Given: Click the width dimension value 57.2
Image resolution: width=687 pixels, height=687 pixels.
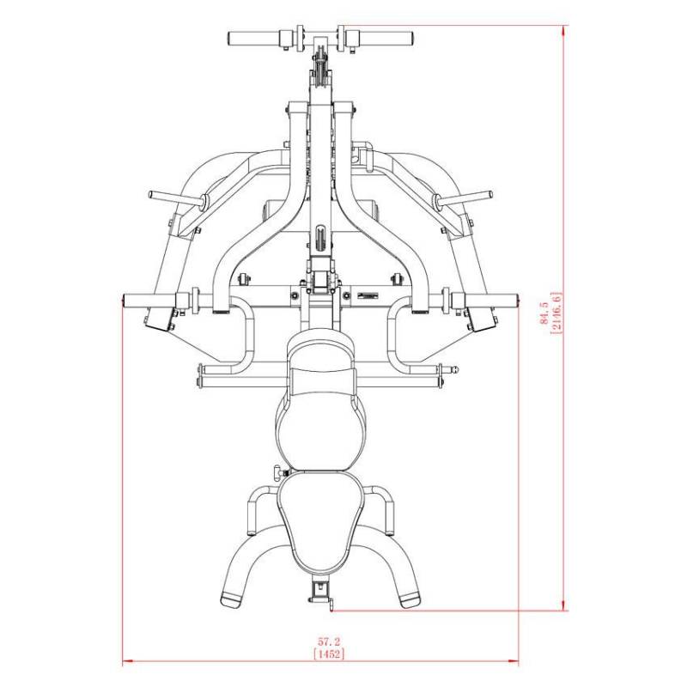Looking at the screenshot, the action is pos(329,642).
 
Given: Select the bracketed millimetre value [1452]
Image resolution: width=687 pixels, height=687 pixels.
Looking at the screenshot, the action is pos(329,654).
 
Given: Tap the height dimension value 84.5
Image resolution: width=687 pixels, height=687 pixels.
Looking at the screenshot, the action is pos(544,313).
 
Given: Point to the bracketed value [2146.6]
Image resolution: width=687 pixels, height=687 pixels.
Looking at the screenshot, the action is pos(556,313).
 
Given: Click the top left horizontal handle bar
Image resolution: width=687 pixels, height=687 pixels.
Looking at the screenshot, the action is pos(254,38).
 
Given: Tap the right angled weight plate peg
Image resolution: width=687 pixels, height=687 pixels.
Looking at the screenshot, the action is pos(464,198).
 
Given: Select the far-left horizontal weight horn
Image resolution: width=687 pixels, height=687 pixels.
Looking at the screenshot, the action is pos(149,301).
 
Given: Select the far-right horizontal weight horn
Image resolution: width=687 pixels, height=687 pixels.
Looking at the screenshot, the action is pos(491,301).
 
